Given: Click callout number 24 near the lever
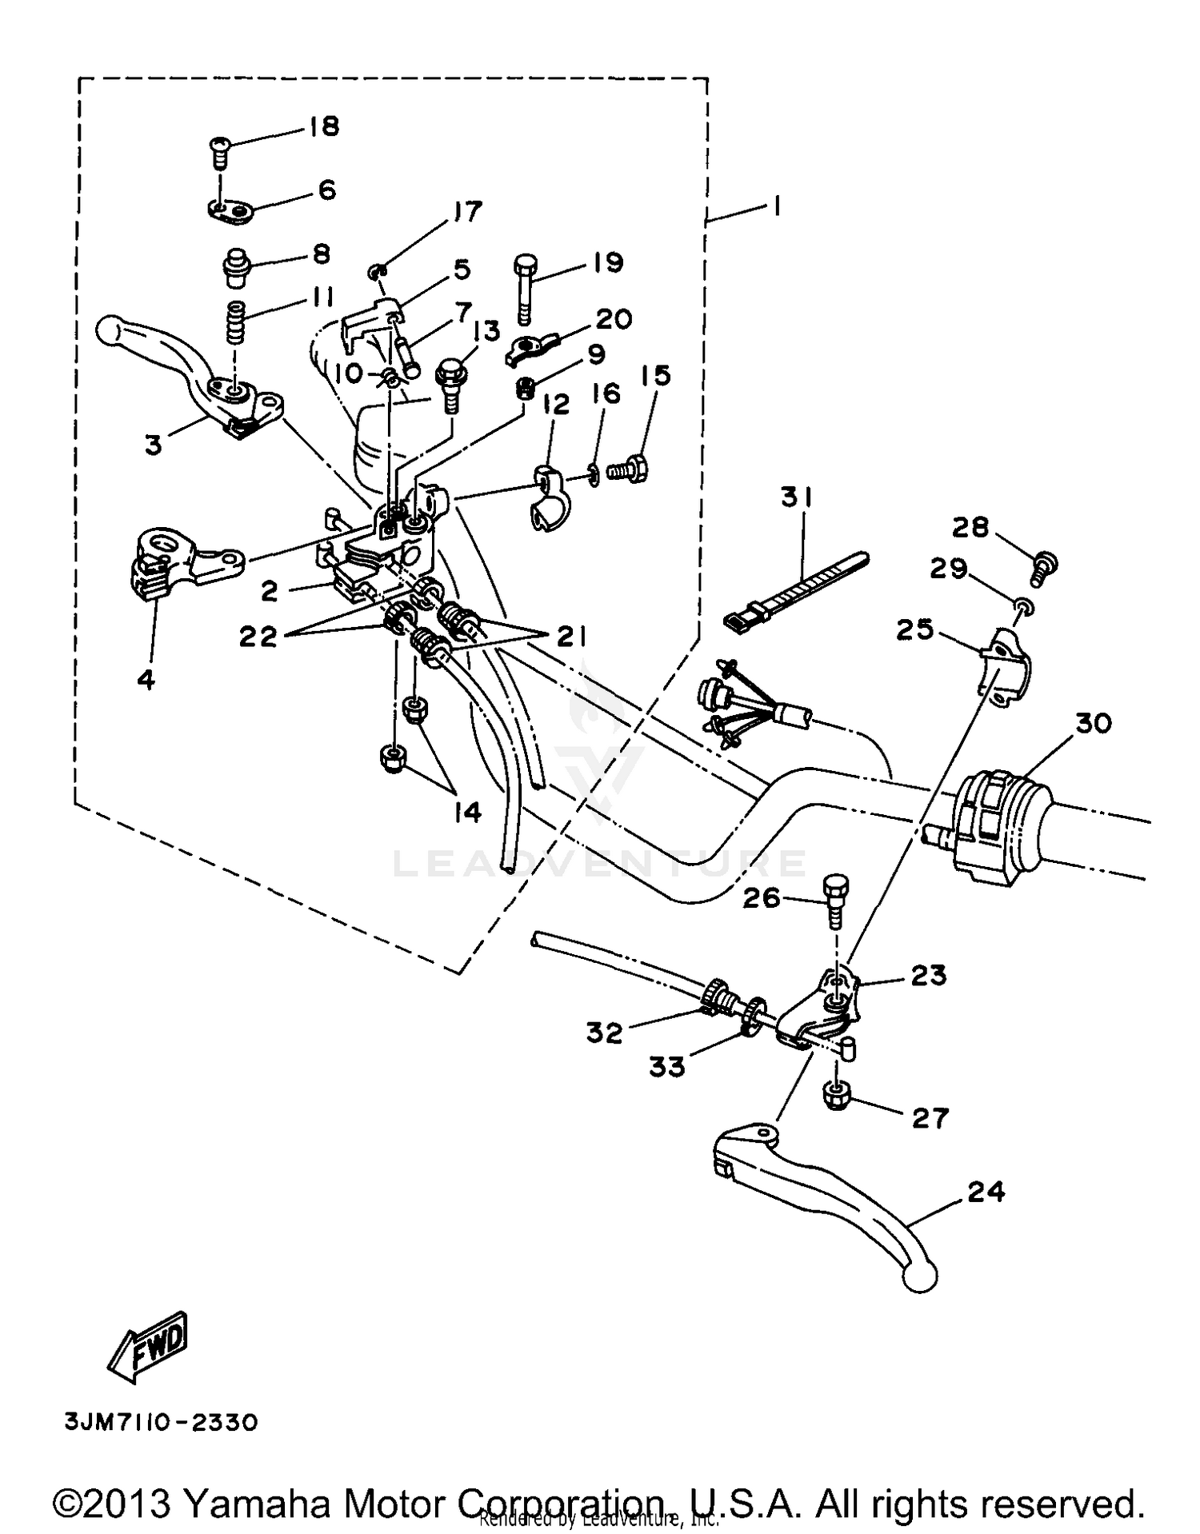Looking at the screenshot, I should click(986, 1191).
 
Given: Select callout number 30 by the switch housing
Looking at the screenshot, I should click(1093, 723).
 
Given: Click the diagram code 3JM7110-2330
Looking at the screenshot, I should click(161, 1424).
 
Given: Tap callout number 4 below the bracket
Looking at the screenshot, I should click(146, 679).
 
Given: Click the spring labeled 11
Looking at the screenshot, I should click(234, 320).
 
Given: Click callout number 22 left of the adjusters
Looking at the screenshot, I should click(258, 636).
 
